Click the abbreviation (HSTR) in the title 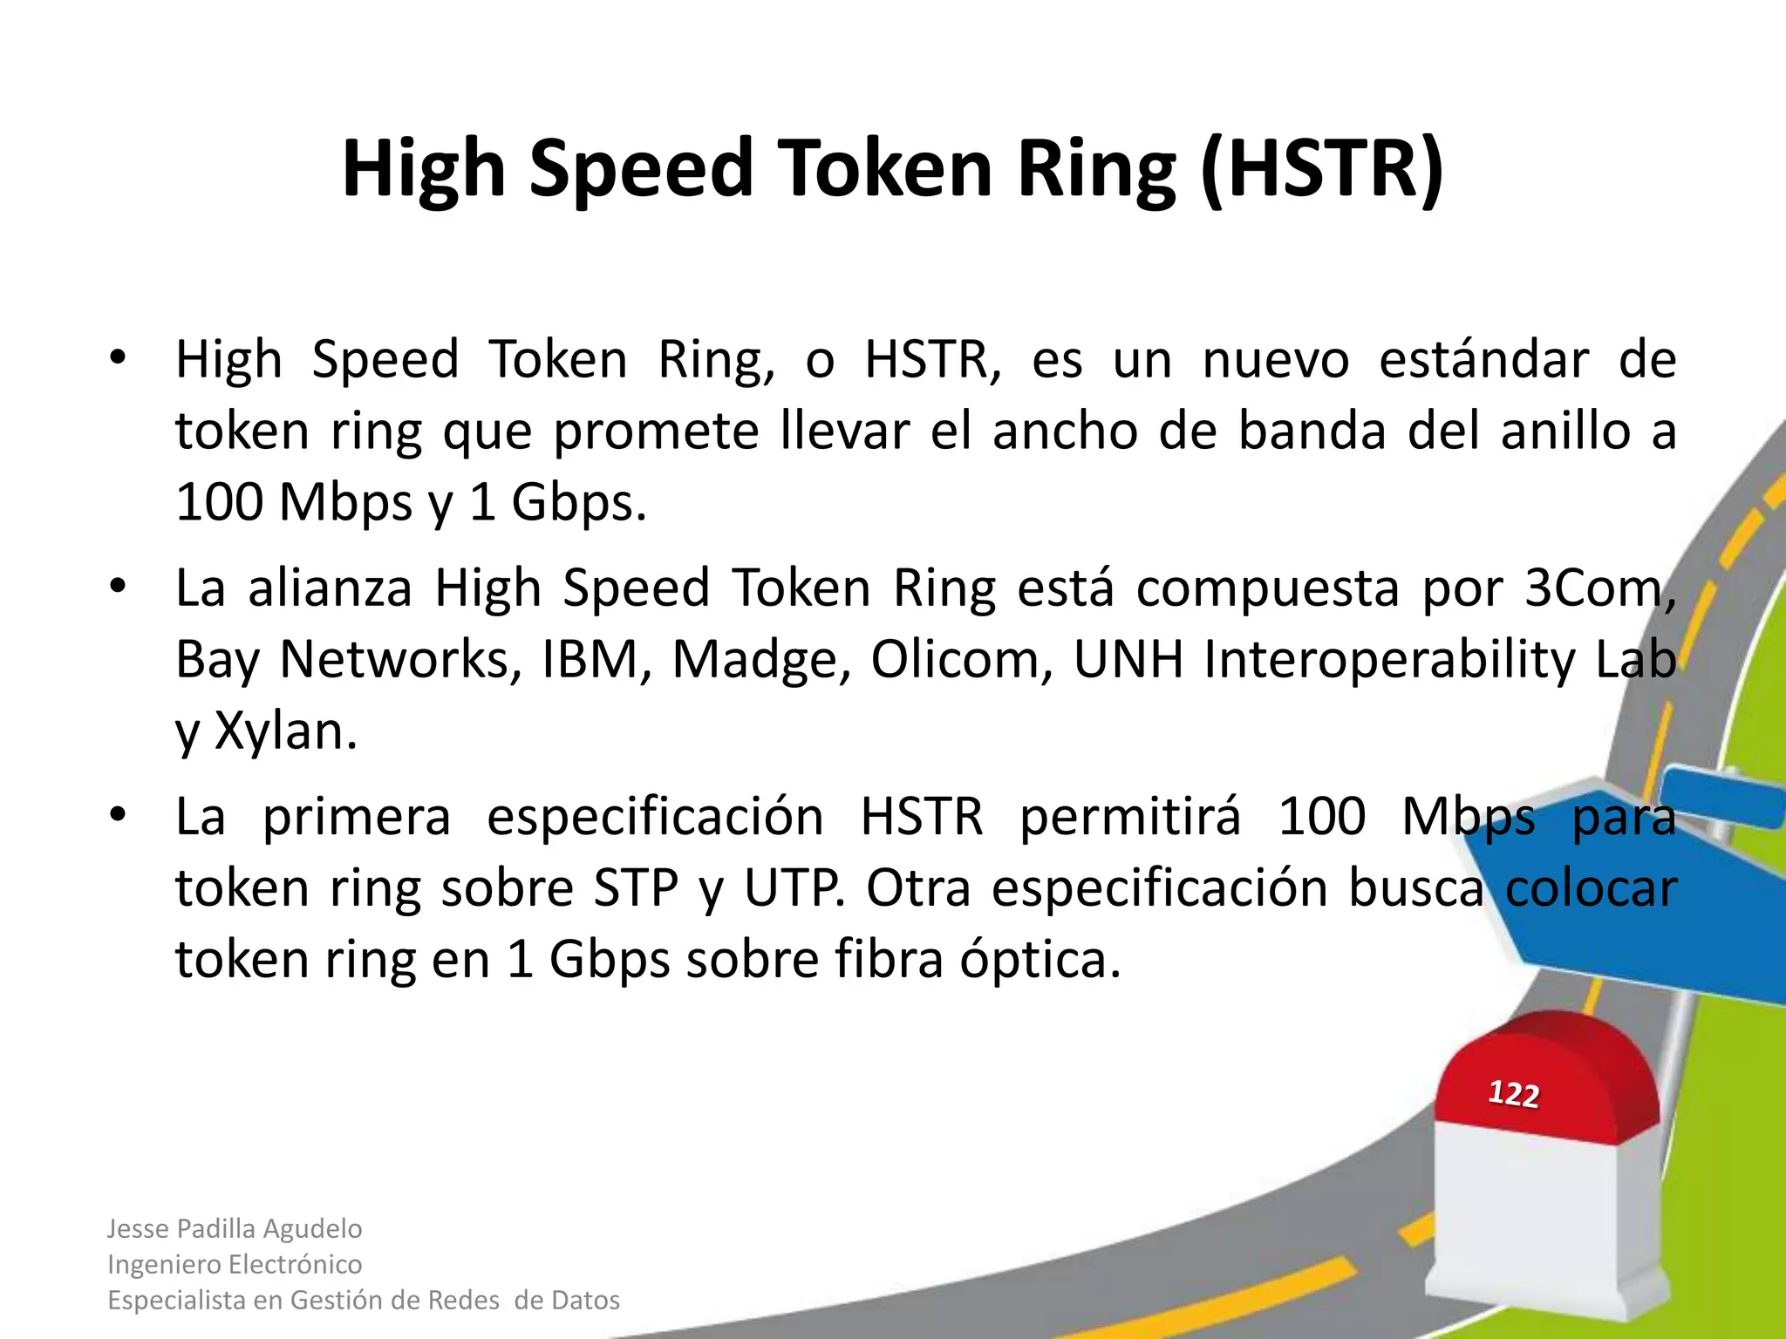1322,170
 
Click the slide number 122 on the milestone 1513,1093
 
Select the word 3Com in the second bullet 1599,588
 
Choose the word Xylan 285,731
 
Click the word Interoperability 1389,660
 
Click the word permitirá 1130,818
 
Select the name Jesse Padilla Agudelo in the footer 235,1228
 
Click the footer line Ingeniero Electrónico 235,1264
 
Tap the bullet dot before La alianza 119,587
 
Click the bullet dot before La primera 119,816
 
